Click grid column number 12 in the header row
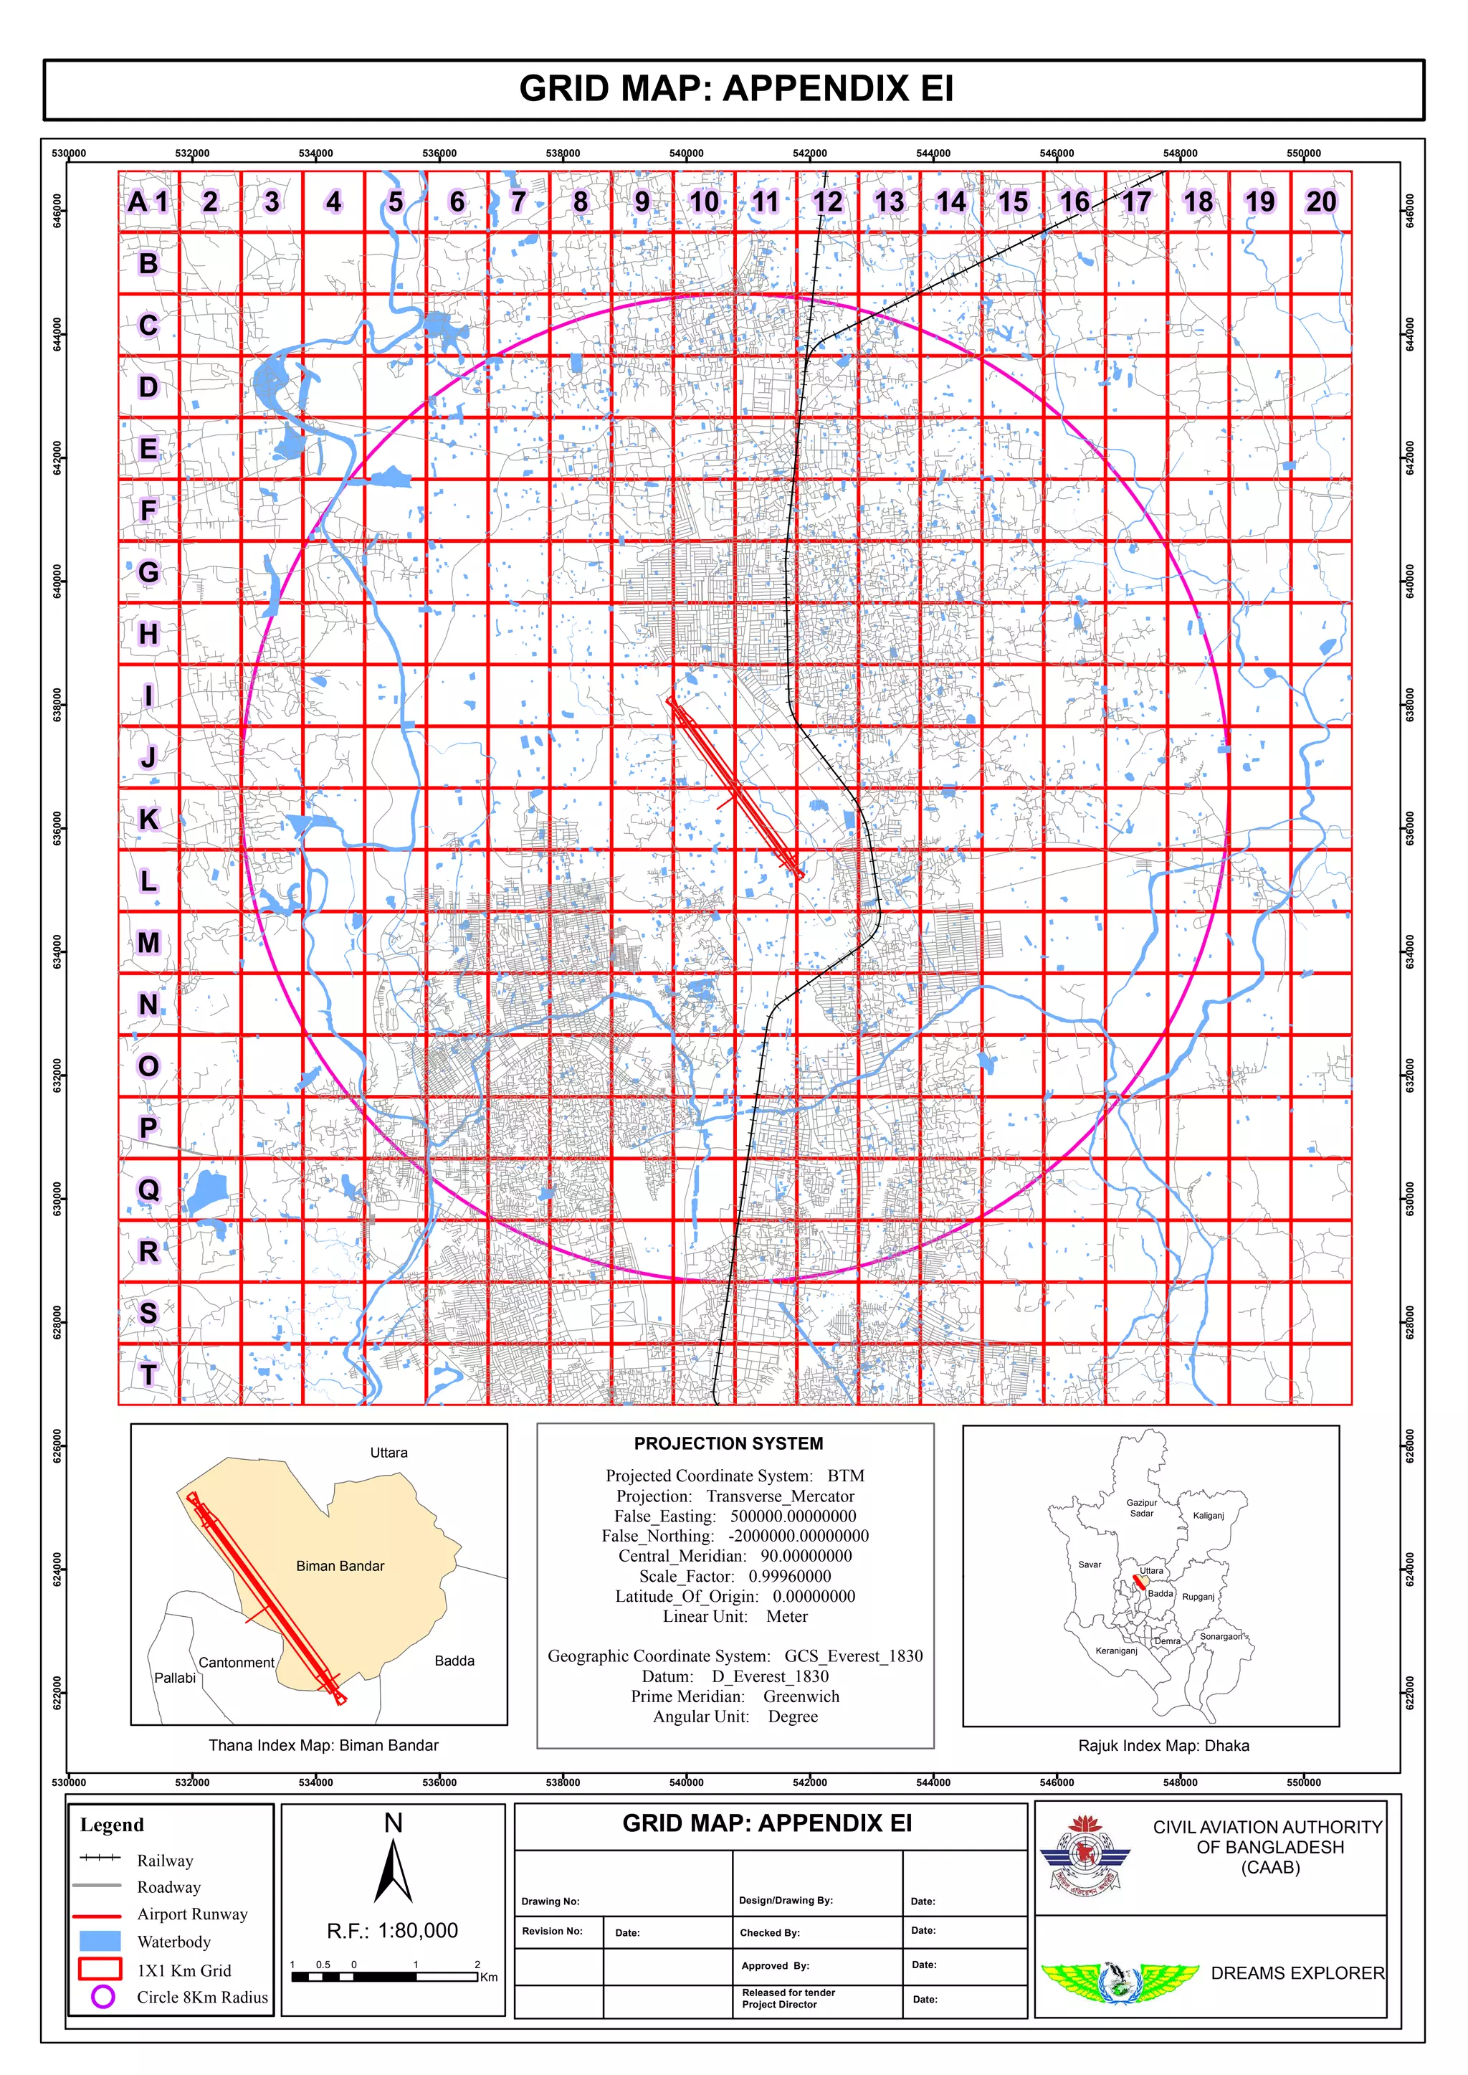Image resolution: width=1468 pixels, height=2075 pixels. [827, 201]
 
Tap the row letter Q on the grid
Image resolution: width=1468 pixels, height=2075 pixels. [148, 1190]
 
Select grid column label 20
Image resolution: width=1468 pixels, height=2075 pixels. [1320, 201]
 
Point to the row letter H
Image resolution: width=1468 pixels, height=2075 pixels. [148, 634]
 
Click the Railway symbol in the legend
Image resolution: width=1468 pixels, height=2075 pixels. [100, 1857]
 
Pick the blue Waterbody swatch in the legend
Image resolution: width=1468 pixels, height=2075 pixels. [100, 1940]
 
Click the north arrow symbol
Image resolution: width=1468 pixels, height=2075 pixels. [394, 1871]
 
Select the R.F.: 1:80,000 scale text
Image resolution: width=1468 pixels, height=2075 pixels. [392, 1930]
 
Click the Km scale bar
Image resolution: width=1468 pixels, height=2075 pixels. [385, 1977]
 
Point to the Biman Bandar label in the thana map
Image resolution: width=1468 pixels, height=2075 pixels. [340, 1566]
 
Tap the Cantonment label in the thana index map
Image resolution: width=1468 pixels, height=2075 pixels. [236, 1663]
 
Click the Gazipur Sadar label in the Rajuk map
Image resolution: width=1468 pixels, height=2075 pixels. [1142, 1508]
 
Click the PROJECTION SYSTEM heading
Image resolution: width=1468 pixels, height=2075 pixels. [728, 1444]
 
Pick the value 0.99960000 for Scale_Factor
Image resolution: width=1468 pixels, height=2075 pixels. [789, 1576]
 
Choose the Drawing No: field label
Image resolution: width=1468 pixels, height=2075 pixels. [550, 1901]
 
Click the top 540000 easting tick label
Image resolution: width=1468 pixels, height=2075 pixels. [686, 153]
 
